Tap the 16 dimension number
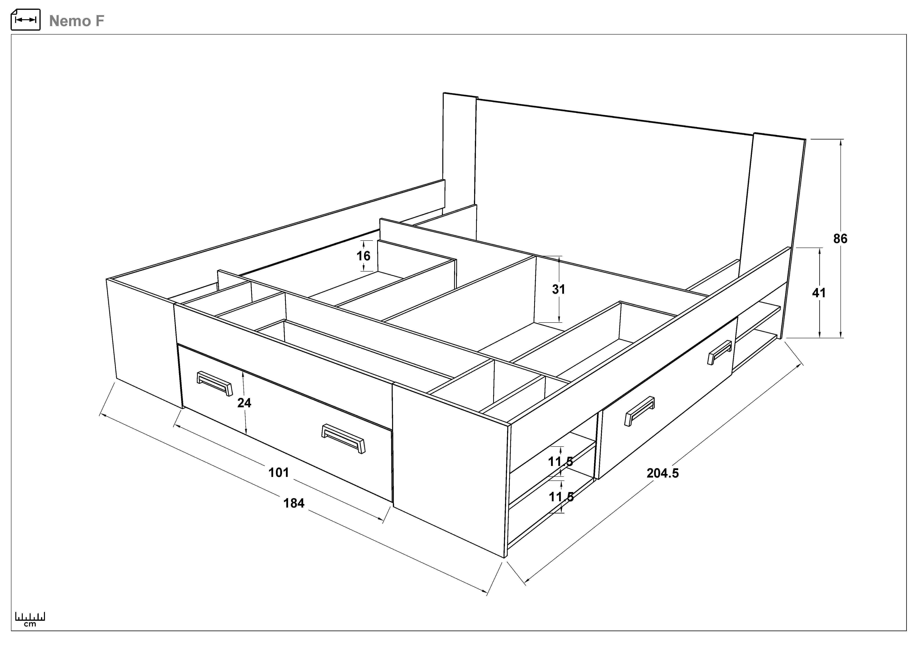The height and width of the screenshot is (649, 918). [x=363, y=256]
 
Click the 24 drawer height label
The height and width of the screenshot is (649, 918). [x=244, y=403]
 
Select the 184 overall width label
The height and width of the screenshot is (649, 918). [x=294, y=503]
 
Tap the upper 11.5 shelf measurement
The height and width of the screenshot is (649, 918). [x=561, y=462]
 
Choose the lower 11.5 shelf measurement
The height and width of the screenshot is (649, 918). [x=561, y=497]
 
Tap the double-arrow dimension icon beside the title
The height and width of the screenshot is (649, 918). [x=26, y=20]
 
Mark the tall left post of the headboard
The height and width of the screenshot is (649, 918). [x=460, y=160]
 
